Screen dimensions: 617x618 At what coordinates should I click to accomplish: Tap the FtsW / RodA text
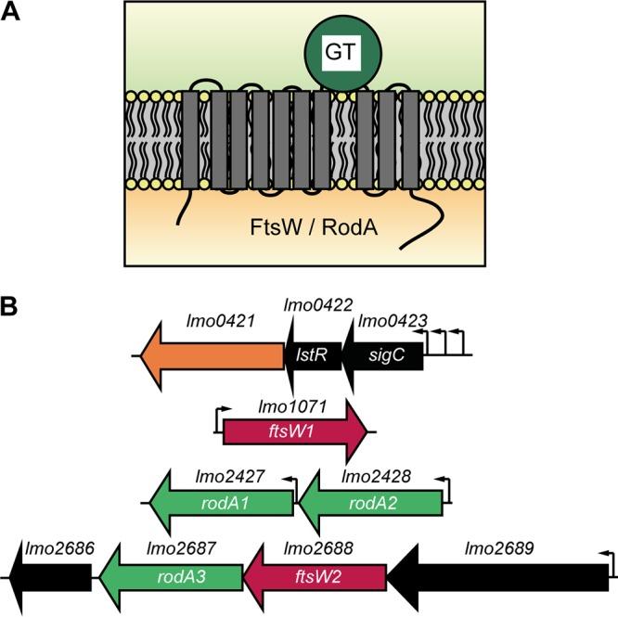(292, 226)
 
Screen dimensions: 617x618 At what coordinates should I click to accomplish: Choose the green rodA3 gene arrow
(171, 577)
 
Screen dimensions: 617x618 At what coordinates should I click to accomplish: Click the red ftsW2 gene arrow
(315, 577)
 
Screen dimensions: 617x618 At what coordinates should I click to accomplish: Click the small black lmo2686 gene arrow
(51, 577)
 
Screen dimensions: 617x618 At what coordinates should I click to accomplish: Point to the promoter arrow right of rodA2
(445, 489)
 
